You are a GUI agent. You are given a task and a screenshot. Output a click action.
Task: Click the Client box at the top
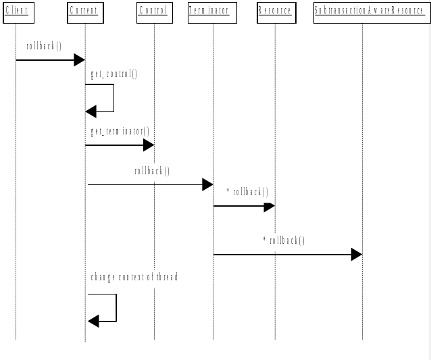coord(16,11)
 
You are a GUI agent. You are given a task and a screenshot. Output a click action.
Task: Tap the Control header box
coord(154,11)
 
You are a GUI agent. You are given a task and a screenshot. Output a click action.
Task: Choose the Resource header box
coord(275,11)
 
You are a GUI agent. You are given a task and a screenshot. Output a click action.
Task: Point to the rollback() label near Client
coord(44,47)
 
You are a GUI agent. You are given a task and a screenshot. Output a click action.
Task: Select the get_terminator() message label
coord(120,131)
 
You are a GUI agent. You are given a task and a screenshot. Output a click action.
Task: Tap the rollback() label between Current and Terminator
coord(152,171)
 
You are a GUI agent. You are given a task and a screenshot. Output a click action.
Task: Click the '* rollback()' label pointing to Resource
coord(248,192)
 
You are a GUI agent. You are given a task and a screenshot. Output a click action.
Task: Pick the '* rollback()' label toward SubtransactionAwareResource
coord(284,240)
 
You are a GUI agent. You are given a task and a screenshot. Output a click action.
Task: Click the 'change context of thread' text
coord(134,278)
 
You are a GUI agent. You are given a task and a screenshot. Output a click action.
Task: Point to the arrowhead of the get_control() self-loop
coord(92,111)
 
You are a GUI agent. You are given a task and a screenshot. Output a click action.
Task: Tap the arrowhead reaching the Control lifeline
coord(149,145)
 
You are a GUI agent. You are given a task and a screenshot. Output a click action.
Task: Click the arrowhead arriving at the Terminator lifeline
coord(207,184)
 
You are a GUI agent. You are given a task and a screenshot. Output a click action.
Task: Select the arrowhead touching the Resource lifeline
coord(270,205)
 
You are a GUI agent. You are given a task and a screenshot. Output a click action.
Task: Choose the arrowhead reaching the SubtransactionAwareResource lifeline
coord(357,255)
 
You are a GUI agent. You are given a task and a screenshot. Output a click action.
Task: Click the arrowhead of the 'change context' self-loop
coord(94,321)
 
